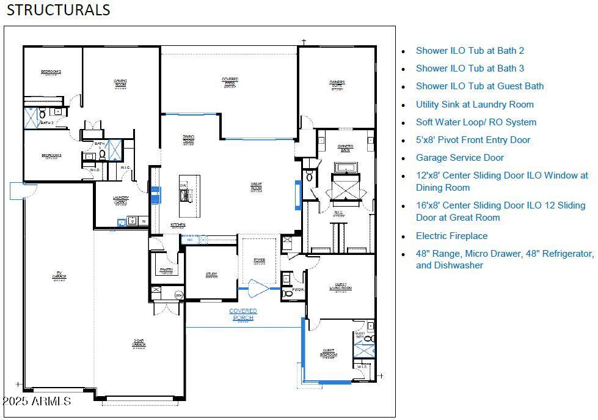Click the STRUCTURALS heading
pos(59,10)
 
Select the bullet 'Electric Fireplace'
pos(451,235)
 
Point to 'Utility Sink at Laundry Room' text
pos(475,104)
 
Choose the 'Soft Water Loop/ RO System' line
pos(476,122)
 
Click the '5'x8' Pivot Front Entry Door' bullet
pos(473,139)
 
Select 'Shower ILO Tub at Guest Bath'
pos(479,86)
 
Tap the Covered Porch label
pos(243,314)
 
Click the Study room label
pos(211,275)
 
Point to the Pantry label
pos(166,270)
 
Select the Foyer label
pos(260,262)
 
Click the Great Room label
pos(257,187)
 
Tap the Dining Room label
pos(188,139)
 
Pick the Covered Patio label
pos(230,82)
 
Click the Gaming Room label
pos(120,83)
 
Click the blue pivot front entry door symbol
pos(259,287)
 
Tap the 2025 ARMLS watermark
pos(37,401)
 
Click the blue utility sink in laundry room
pos(122,223)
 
